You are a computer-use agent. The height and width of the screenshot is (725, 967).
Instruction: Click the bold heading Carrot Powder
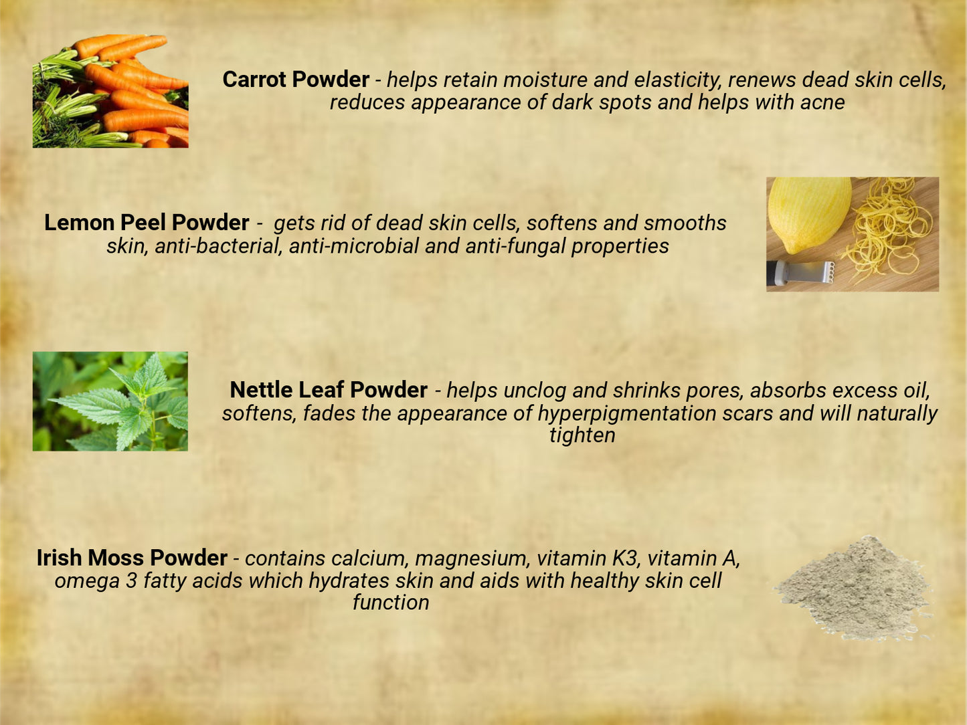[x=296, y=80]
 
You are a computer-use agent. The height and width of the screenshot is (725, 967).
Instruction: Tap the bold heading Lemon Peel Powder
[x=147, y=223]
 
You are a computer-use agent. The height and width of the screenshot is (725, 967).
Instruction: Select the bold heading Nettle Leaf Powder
[x=329, y=390]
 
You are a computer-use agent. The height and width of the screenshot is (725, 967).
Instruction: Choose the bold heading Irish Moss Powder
[x=132, y=558]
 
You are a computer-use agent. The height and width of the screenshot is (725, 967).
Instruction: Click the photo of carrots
[x=110, y=91]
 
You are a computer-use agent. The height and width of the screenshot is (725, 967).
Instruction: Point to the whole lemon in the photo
[x=809, y=215]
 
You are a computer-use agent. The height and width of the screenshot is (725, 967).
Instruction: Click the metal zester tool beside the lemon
[x=800, y=273]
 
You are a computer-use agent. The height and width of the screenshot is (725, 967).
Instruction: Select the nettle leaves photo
[x=110, y=401]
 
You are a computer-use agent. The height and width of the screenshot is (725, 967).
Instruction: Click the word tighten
[x=582, y=435]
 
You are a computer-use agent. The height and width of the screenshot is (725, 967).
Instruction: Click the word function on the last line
[x=391, y=603]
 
